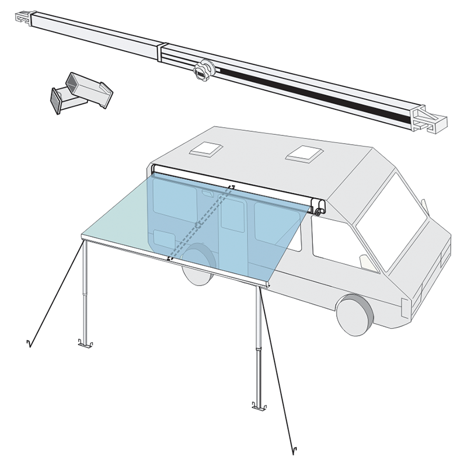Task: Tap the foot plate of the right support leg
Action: (256, 406)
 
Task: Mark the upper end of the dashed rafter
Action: (232, 187)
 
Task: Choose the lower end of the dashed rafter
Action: (170, 258)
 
